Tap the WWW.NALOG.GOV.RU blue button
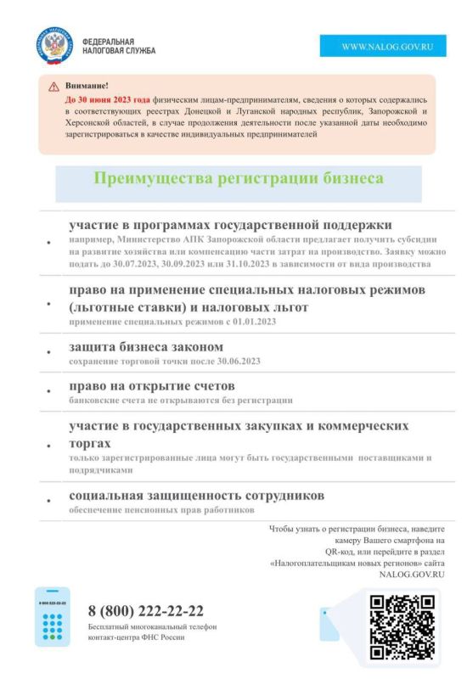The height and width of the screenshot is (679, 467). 382,47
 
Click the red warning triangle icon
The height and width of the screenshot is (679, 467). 53,87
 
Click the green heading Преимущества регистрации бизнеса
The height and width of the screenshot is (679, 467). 238,179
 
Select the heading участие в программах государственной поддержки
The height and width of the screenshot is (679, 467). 230,225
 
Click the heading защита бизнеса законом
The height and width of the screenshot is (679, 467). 146,347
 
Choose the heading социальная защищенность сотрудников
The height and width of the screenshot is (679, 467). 196,496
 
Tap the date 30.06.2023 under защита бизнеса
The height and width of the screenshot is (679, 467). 234,362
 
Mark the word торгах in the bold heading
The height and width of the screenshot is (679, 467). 90,444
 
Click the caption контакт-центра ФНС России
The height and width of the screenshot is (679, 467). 135,637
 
